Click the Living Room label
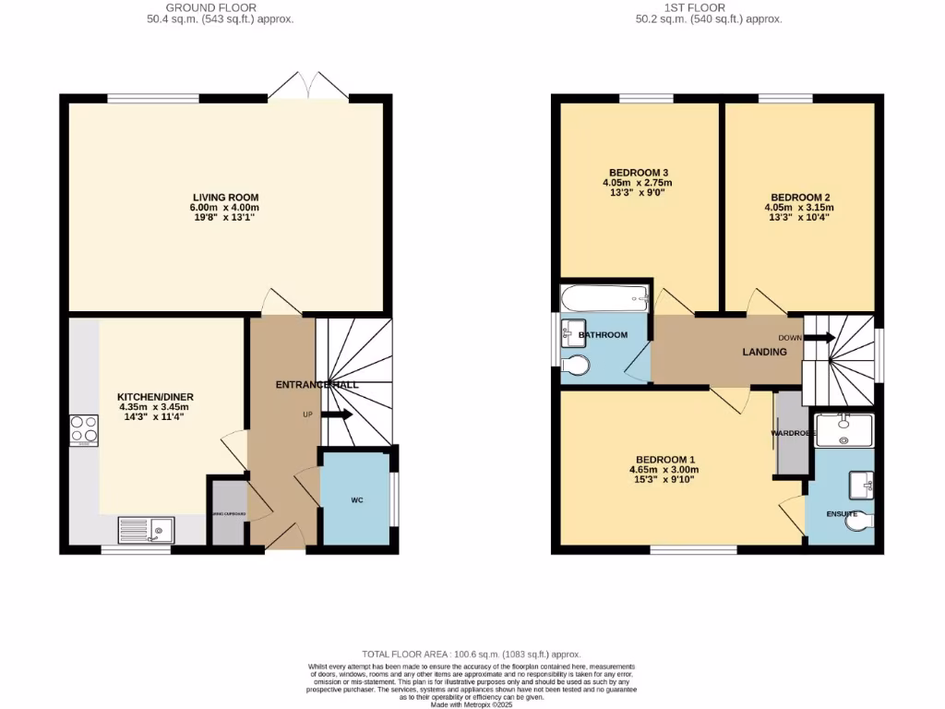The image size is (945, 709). [x=225, y=198]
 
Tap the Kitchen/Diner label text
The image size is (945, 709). [x=156, y=397]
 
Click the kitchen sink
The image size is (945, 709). [x=147, y=530]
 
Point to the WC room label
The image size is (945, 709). [x=356, y=500]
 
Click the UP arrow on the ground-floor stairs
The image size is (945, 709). [x=336, y=415]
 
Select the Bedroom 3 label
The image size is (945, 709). [x=638, y=173]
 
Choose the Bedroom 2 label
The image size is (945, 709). [x=801, y=198]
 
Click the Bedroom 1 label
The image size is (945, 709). [x=665, y=460]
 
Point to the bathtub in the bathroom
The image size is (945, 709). [x=604, y=296]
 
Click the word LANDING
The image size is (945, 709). [x=765, y=353]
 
